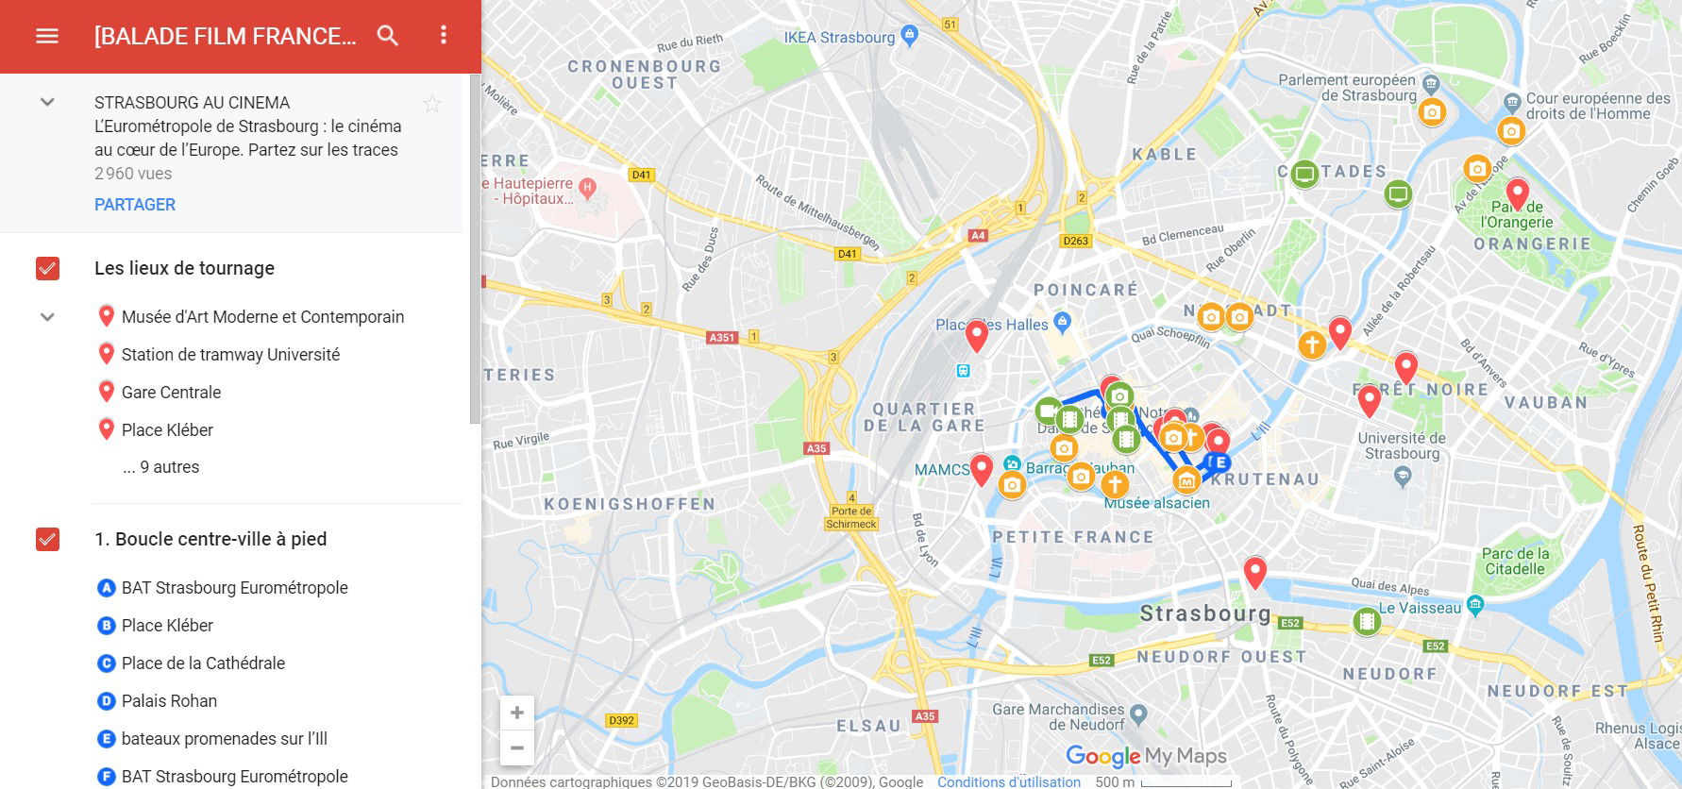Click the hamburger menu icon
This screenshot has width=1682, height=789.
coord(46,36)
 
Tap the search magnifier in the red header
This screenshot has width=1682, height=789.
coord(388,36)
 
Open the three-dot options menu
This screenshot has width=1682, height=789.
coord(444,36)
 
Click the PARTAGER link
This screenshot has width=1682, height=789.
coord(135,205)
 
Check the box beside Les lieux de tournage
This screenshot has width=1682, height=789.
coord(47,269)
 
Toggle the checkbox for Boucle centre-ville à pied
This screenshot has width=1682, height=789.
coord(47,540)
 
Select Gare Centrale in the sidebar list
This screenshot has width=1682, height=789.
coord(171,393)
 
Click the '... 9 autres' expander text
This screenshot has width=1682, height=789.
coord(160,467)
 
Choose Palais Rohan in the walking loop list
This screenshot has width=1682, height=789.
coord(169,701)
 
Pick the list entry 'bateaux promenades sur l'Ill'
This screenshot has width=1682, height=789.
coord(224,739)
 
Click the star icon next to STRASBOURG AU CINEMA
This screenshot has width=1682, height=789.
coord(432,104)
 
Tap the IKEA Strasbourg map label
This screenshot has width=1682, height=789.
coord(839,38)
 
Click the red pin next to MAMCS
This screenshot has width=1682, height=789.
coord(982,468)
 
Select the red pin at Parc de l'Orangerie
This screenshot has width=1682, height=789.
coord(1517,193)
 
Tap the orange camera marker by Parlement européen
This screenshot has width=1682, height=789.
coord(1432,112)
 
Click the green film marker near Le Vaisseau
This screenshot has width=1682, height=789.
coord(1367,622)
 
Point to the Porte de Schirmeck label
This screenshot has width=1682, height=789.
coord(851,517)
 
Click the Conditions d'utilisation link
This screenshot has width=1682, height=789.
coord(1008,781)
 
